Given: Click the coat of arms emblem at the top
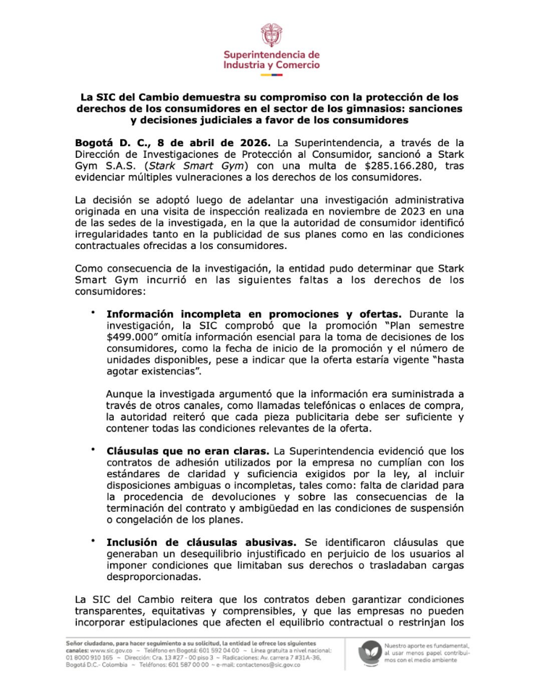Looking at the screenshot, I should (269, 34).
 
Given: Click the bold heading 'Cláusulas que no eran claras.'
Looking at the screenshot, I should (188, 452).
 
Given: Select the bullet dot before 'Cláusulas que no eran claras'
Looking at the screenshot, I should (93, 450).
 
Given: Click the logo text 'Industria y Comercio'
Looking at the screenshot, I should (271, 65).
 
